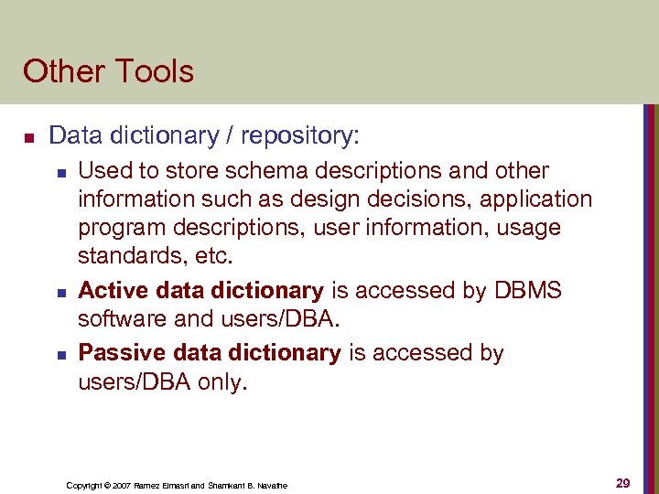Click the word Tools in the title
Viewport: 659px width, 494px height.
[x=152, y=71]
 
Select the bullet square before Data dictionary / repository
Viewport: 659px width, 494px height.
[x=28, y=138]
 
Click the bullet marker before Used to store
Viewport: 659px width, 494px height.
[x=59, y=171]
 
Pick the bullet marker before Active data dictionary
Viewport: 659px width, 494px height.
[x=59, y=293]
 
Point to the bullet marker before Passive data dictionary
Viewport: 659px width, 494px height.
[x=59, y=353]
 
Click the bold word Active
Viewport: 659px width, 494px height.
[x=109, y=291]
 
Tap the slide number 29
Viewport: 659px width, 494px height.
[x=623, y=483]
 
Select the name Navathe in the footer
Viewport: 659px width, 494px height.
[x=271, y=485]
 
